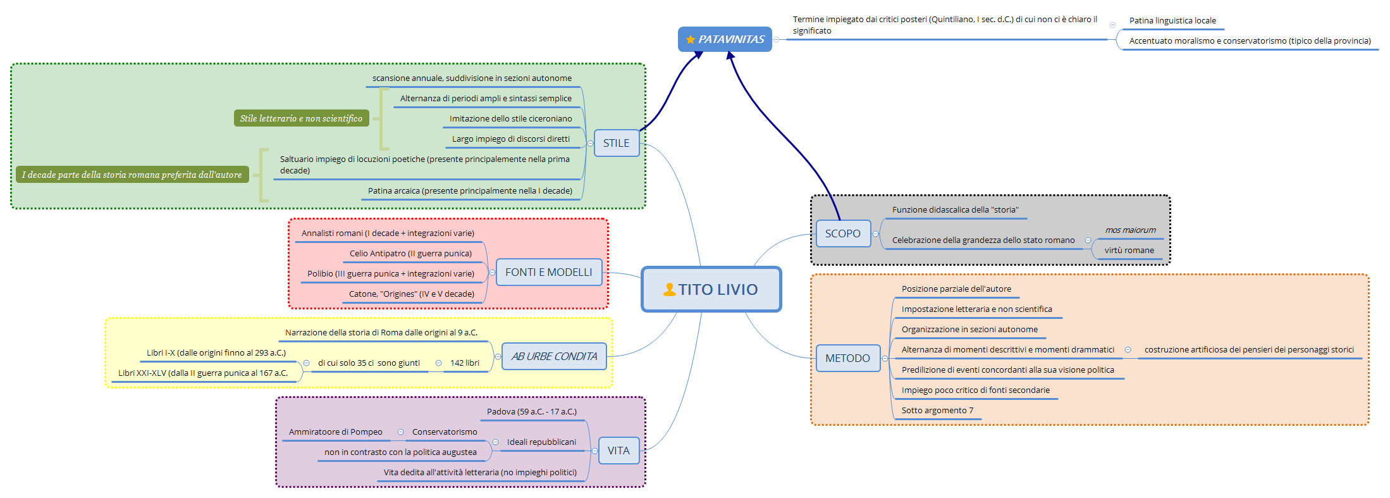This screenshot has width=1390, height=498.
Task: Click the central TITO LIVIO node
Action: pyautogui.click(x=711, y=289)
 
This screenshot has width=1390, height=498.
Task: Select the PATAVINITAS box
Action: pyautogui.click(x=725, y=39)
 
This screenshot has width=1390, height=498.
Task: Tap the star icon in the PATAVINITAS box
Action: pyautogui.click(x=690, y=40)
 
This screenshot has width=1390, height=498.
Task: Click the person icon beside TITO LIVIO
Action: pyautogui.click(x=669, y=290)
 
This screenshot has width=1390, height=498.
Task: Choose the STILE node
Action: pyautogui.click(x=616, y=143)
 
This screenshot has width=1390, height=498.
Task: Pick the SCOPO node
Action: pyautogui.click(x=842, y=233)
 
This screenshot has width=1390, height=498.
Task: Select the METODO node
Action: pyautogui.click(x=847, y=358)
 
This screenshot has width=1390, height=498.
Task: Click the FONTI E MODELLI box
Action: pyautogui.click(x=548, y=272)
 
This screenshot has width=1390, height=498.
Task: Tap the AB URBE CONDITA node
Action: pyautogui.click(x=554, y=356)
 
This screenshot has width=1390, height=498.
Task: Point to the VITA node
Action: pyautogui.click(x=618, y=451)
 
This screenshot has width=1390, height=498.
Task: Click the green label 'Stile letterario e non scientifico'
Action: pyautogui.click(x=301, y=118)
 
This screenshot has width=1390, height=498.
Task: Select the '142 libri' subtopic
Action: pyautogui.click(x=465, y=363)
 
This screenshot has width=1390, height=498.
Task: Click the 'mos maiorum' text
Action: pyautogui.click(x=1130, y=230)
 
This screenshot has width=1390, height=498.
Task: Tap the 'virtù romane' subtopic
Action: pyautogui.click(x=1129, y=250)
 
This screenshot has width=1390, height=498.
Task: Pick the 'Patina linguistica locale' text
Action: pyautogui.click(x=1172, y=20)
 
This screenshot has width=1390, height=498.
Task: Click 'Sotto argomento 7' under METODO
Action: pyautogui.click(x=937, y=410)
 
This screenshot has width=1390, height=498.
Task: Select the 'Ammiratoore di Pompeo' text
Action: pyautogui.click(x=335, y=432)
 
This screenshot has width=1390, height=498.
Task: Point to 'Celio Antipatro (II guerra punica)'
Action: pyautogui.click(x=410, y=253)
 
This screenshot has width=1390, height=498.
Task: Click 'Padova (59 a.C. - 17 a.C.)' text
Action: pyautogui.click(x=531, y=411)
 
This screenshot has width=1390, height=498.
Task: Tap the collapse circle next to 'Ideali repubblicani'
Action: pyautogui.click(x=495, y=442)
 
